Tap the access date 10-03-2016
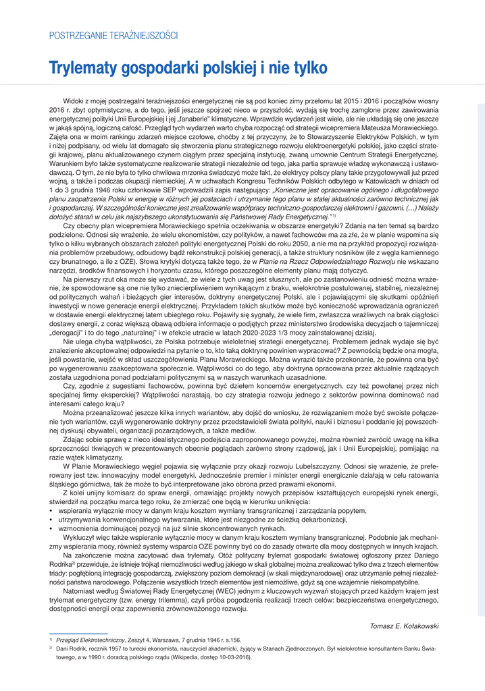click(234, 657)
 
